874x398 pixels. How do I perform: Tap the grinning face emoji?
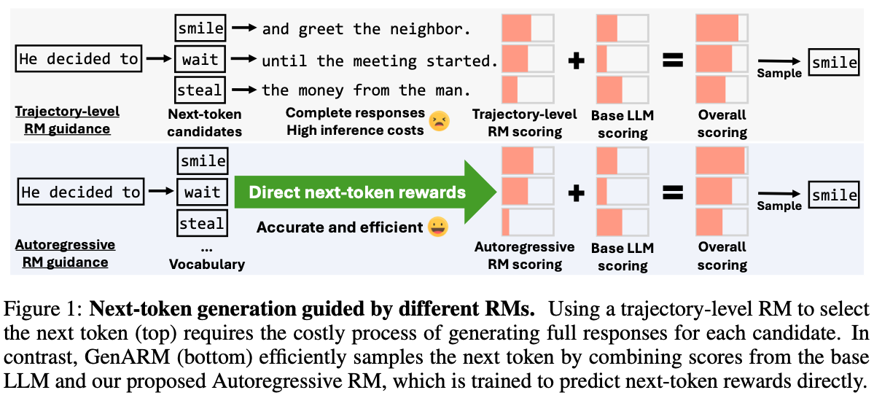(438, 227)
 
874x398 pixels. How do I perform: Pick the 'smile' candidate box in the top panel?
(200, 28)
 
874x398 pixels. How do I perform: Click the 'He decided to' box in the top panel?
(79, 59)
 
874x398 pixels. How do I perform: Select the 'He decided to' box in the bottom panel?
(79, 192)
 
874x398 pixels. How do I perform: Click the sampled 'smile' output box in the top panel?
(834, 63)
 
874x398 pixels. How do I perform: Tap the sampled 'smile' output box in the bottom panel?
(834, 195)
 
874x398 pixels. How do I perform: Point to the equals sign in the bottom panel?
(671, 192)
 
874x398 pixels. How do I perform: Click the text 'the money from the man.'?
(366, 90)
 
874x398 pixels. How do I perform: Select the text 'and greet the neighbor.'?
(366, 29)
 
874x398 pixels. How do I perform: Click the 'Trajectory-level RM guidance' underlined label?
(67, 120)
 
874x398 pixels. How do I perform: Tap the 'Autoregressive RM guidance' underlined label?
(64, 254)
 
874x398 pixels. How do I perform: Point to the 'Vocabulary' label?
(206, 265)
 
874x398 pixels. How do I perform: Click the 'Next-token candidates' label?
(204, 122)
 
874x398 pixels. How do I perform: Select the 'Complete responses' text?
(355, 112)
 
